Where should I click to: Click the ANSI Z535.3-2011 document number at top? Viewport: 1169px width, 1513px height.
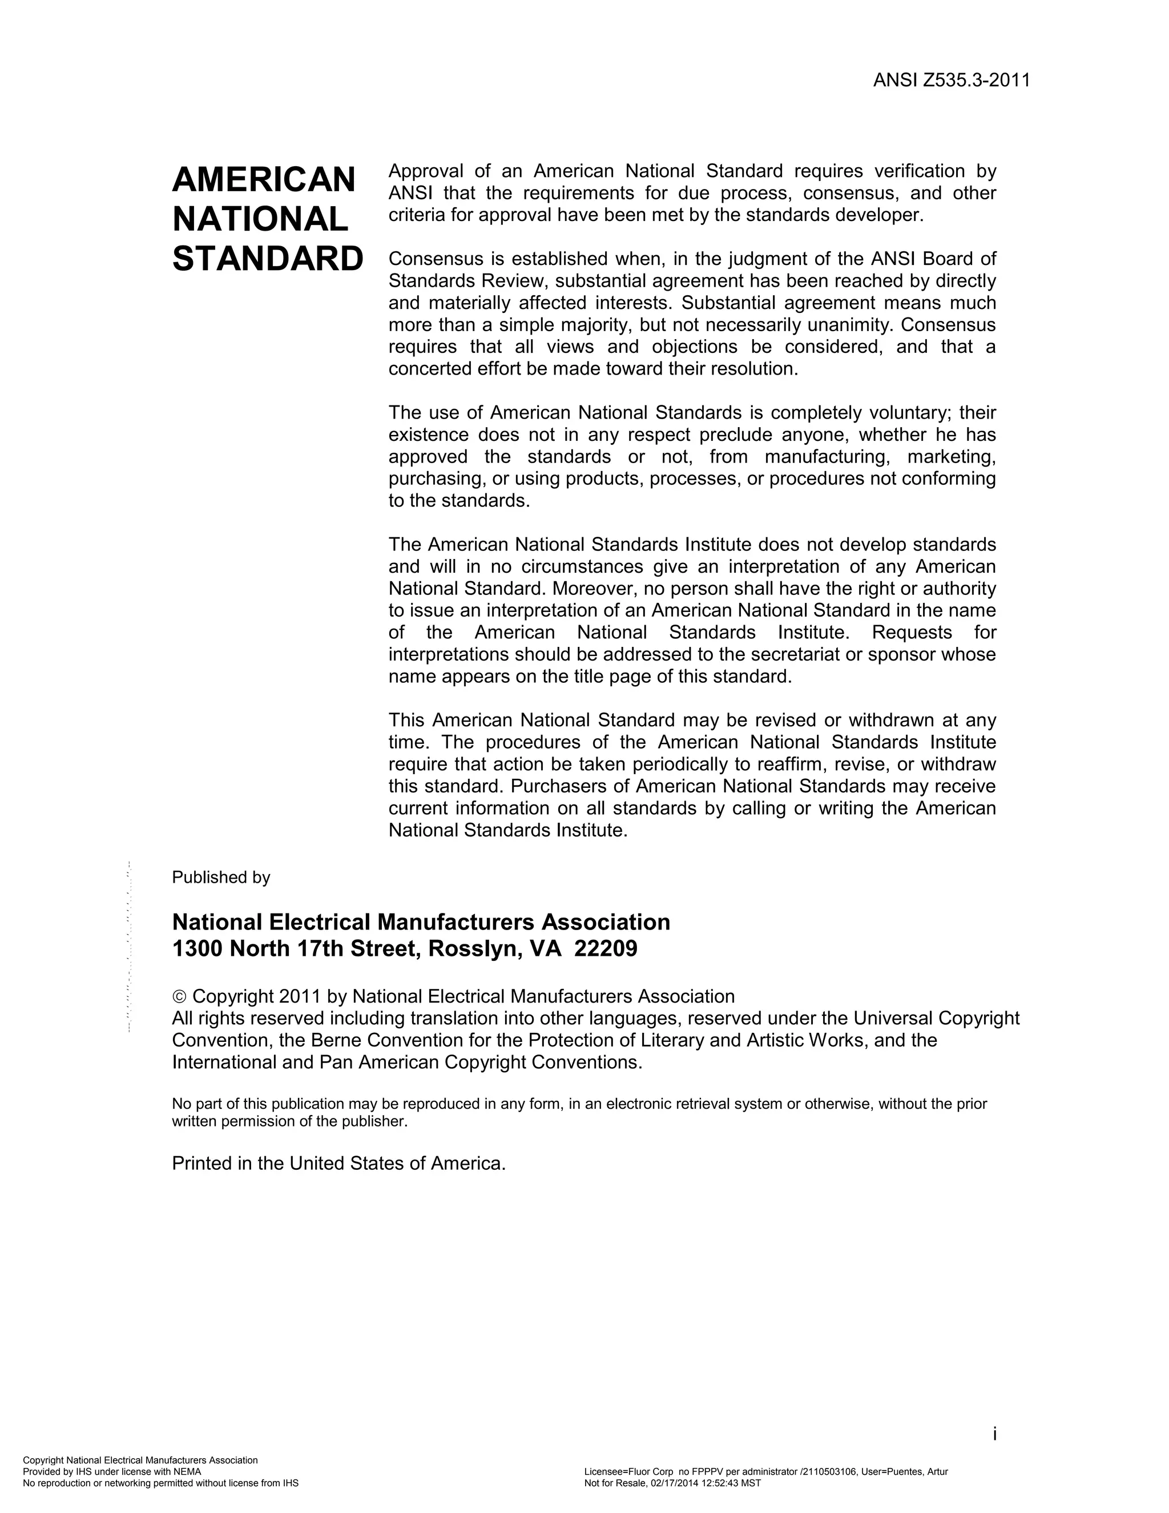click(x=951, y=81)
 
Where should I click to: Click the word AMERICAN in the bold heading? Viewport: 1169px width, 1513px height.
click(x=263, y=180)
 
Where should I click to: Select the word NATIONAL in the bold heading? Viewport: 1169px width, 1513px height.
click(x=260, y=220)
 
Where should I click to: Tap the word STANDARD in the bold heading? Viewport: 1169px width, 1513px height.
click(x=267, y=259)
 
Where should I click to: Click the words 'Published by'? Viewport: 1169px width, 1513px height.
click(x=221, y=877)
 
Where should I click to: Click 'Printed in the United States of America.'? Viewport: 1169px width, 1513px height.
click(x=338, y=1163)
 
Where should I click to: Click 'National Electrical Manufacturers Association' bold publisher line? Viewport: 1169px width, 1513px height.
click(x=421, y=922)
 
